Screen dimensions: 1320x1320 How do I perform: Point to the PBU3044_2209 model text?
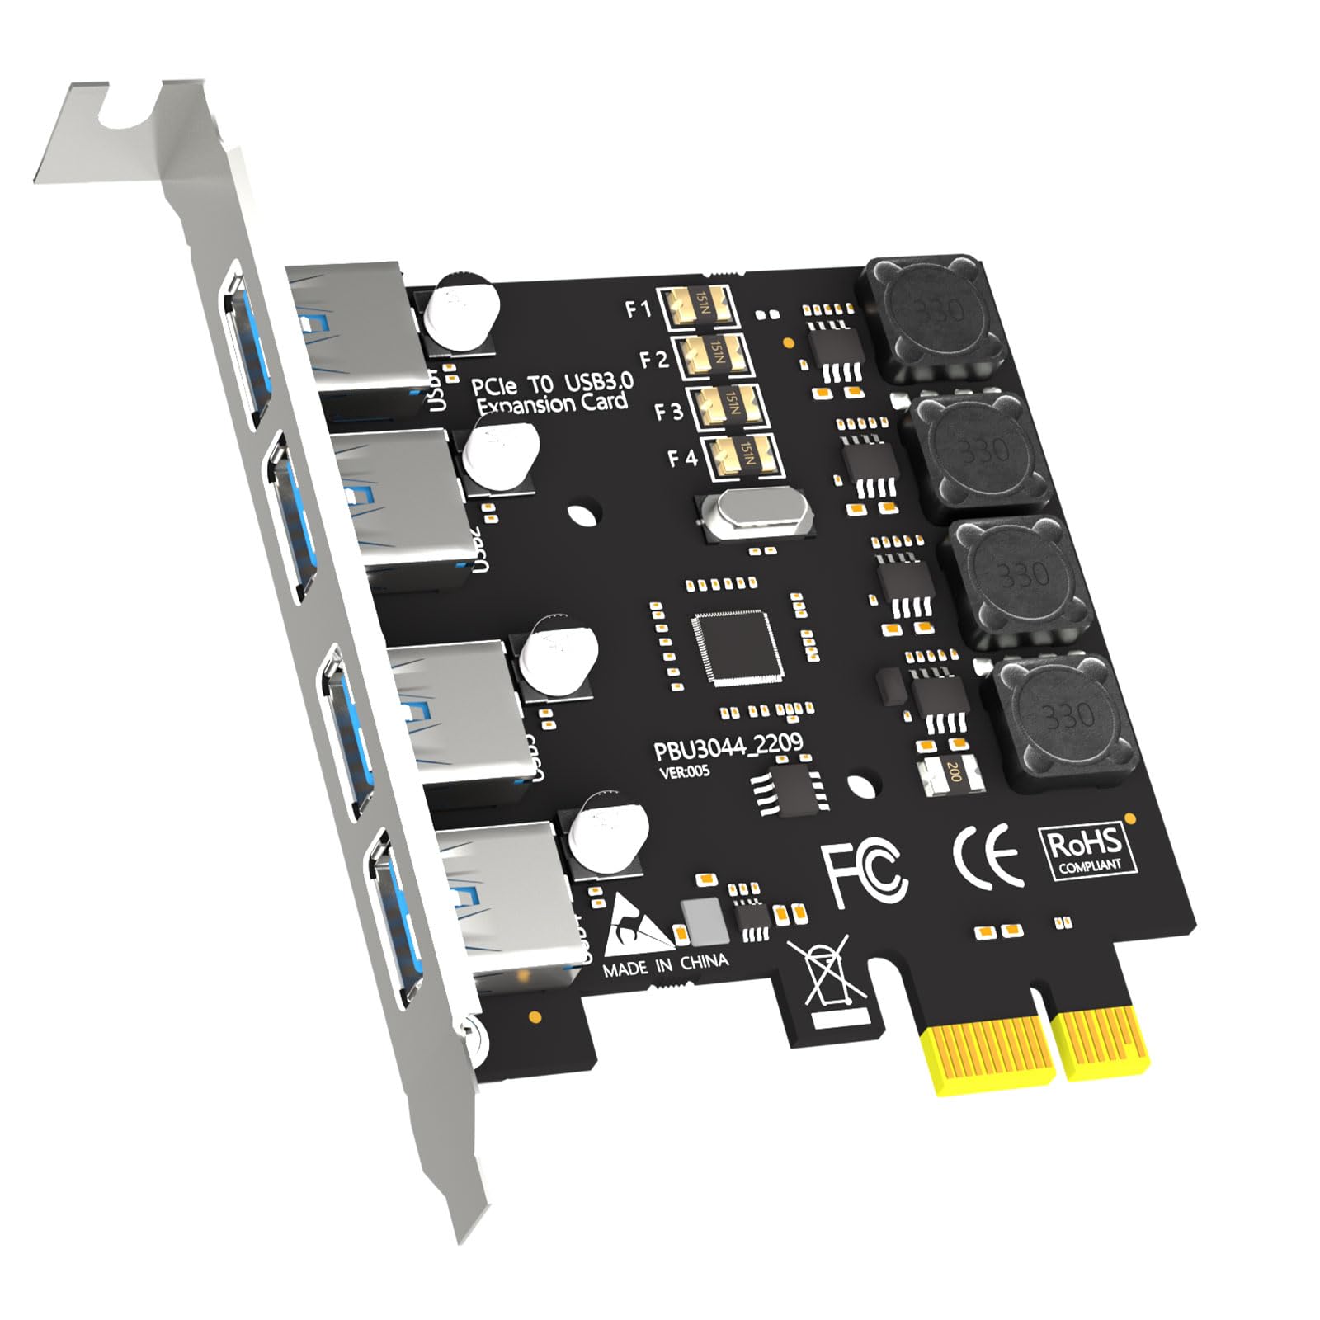point(728,747)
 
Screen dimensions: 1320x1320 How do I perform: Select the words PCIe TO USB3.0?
point(552,384)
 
